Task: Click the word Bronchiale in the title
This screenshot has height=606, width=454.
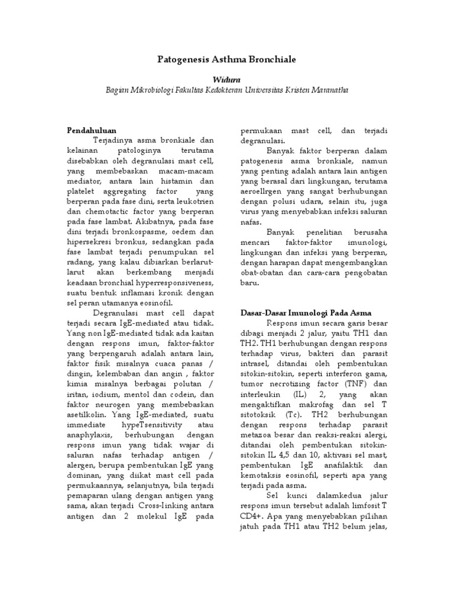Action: (270, 60)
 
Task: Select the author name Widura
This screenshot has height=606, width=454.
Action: (227, 79)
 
